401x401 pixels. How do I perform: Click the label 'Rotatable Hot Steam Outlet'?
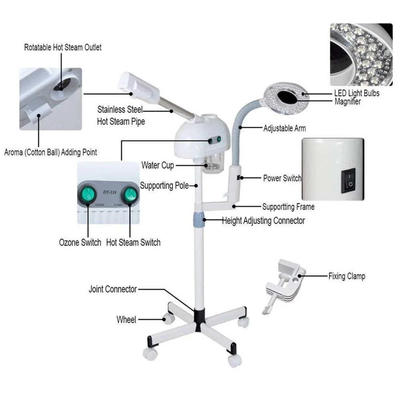click(x=63, y=47)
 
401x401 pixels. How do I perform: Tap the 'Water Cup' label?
click(x=158, y=165)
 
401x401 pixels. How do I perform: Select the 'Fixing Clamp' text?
click(x=346, y=276)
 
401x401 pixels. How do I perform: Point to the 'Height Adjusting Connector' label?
click(x=263, y=221)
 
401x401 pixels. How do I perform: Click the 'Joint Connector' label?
click(x=113, y=289)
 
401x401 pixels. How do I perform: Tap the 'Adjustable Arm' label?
click(x=284, y=129)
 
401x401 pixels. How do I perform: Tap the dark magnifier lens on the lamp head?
click(x=288, y=96)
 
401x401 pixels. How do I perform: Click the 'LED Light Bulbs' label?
click(x=357, y=93)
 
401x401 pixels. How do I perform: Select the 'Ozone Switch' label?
click(x=80, y=242)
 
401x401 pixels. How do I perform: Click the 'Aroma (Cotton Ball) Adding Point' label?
click(x=51, y=152)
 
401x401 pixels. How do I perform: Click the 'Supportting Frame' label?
click(x=288, y=207)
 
